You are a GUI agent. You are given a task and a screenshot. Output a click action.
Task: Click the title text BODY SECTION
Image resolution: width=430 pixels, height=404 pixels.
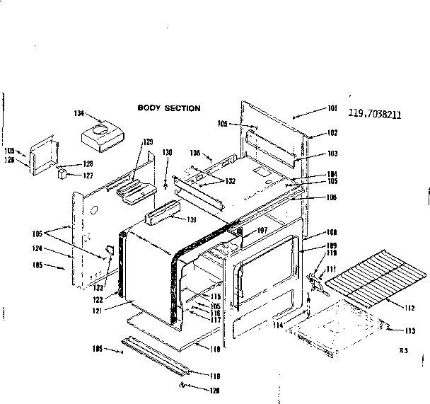pyautogui.click(x=169, y=108)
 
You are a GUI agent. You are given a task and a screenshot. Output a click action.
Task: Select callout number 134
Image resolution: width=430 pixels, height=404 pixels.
pyautogui.click(x=79, y=113)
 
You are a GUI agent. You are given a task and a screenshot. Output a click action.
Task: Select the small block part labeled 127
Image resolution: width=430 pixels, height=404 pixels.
pyautogui.click(x=62, y=172)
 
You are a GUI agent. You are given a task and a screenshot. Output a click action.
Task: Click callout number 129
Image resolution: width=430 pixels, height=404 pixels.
pyautogui.click(x=148, y=142)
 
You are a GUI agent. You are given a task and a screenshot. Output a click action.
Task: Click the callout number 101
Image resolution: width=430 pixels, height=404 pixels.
pyautogui.click(x=332, y=108)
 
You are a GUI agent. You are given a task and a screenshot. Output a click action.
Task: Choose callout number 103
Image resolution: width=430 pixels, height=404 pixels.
pyautogui.click(x=332, y=154)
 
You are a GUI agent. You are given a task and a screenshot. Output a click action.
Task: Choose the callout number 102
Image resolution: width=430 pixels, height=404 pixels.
pyautogui.click(x=332, y=133)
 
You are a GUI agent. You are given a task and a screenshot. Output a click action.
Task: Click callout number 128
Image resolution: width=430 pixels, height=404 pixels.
pyautogui.click(x=88, y=163)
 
